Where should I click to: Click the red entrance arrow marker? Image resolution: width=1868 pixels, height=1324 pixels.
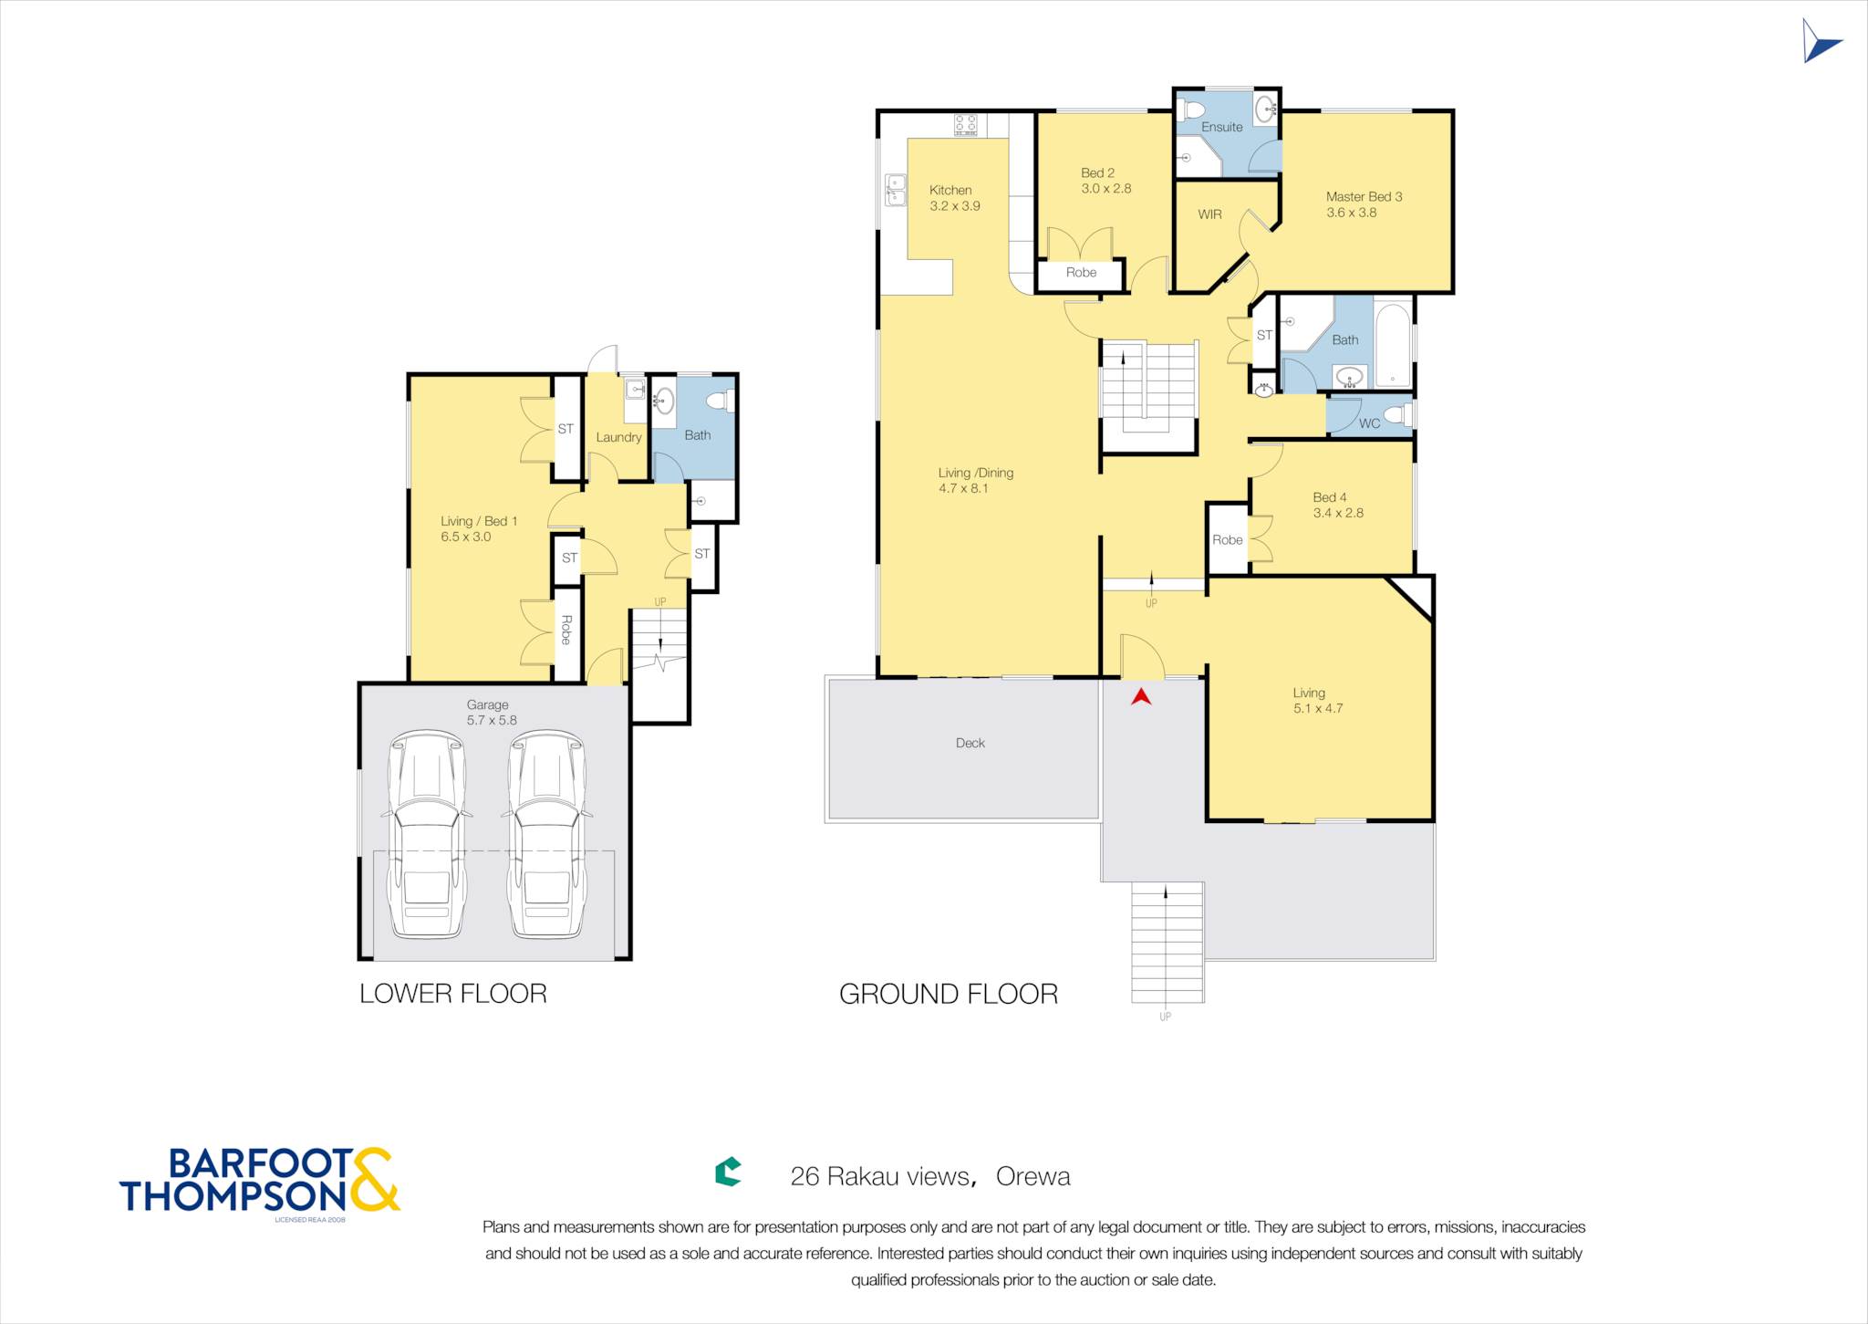1141,697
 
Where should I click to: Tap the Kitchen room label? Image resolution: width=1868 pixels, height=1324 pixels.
950,190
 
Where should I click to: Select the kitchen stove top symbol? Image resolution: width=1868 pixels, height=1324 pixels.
966,124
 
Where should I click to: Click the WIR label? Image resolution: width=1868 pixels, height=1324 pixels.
1209,214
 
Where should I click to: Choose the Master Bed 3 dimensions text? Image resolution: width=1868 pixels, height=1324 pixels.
1352,213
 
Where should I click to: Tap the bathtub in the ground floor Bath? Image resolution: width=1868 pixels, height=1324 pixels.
1393,345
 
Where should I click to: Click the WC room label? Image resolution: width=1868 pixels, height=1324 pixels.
1369,423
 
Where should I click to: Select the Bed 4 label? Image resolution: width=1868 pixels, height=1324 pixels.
1330,497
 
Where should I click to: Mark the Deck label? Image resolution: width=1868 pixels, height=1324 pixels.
970,743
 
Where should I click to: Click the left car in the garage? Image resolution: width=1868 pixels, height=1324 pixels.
427,834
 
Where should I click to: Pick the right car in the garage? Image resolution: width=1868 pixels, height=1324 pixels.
547,834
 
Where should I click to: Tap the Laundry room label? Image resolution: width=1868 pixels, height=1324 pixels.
618,437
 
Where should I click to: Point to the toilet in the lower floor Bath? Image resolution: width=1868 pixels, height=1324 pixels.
721,401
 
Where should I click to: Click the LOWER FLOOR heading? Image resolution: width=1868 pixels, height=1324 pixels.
453,994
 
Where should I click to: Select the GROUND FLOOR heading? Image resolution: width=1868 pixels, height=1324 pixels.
949,994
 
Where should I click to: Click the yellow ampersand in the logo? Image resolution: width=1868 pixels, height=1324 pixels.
372,1179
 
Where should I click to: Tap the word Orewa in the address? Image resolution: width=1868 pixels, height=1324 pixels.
1033,1176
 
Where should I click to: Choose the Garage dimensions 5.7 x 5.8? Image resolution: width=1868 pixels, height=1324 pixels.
492,720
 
